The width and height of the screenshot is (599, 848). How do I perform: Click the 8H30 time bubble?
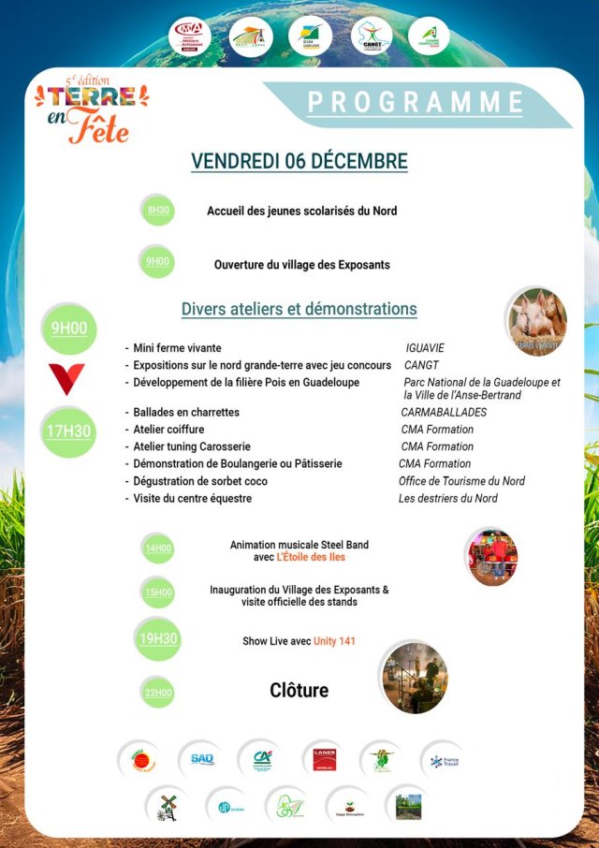point(158,211)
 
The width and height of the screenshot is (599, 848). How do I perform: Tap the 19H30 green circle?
point(158,640)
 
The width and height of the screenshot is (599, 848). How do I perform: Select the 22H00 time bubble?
point(158,693)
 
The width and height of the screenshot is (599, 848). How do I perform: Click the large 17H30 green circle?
point(69,431)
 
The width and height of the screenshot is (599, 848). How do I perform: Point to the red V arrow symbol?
point(67,378)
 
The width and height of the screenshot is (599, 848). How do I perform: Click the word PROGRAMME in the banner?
point(416,101)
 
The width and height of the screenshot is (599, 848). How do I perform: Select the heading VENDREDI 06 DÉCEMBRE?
point(299,161)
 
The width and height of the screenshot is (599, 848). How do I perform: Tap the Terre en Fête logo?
point(90,111)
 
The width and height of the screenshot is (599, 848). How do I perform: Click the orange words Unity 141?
point(333,641)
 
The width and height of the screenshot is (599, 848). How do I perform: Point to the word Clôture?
point(299,691)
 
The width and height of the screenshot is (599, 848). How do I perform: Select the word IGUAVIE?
point(425,348)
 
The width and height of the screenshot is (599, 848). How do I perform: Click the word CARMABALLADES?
point(445,412)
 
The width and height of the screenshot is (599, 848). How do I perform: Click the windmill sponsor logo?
point(168,805)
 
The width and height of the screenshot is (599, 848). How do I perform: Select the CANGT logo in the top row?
point(371,37)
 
